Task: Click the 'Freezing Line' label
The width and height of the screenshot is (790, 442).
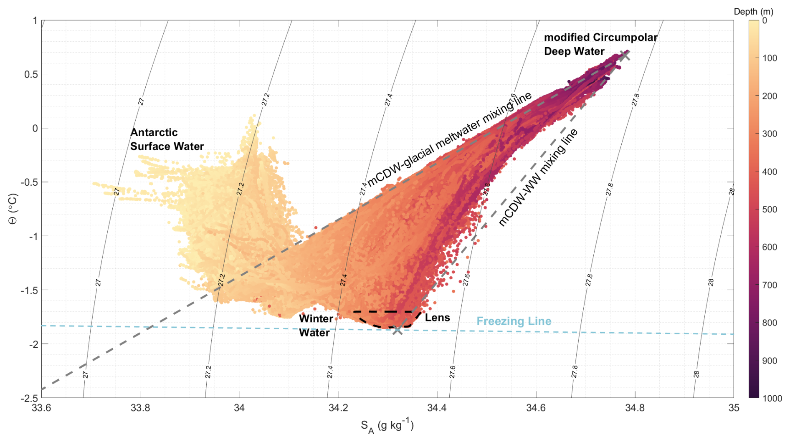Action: [514, 321]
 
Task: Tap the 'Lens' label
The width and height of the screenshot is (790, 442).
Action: [437, 318]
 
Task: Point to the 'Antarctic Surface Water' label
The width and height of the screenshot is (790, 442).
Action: [167, 139]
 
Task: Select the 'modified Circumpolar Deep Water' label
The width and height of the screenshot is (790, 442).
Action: [600, 44]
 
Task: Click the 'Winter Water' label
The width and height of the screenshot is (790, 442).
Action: [316, 326]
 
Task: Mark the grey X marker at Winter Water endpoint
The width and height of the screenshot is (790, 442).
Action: [397, 330]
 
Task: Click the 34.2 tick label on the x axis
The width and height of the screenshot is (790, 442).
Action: [338, 408]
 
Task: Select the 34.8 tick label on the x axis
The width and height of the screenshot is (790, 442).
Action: [635, 408]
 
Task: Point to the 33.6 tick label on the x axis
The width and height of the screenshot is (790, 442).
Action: [41, 408]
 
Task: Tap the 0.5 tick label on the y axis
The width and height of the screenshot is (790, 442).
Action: [30, 74]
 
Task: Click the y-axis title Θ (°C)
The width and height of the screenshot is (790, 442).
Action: [13, 209]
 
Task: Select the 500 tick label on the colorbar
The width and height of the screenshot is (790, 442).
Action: [770, 210]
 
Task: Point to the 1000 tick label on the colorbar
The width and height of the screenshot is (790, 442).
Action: [772, 398]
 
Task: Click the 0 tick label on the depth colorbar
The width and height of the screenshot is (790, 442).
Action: [765, 20]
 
